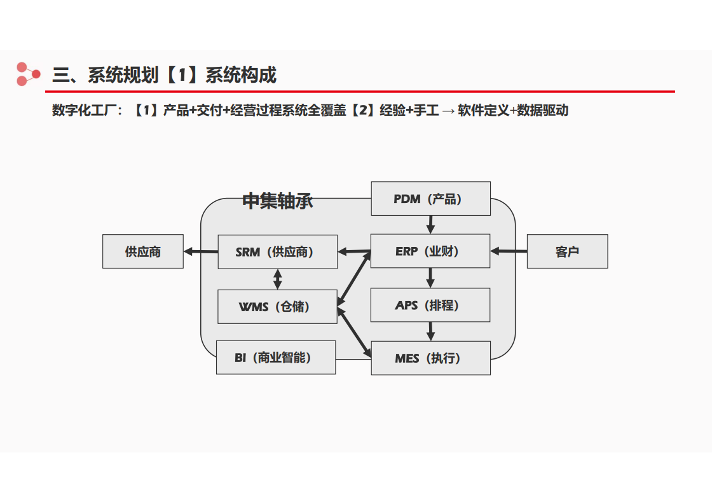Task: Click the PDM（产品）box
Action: click(x=430, y=199)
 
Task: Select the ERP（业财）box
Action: click(x=430, y=251)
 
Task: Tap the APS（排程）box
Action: click(x=430, y=305)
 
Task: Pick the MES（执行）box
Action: click(x=430, y=358)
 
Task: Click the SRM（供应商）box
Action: click(x=277, y=252)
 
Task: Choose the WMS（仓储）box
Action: click(x=277, y=307)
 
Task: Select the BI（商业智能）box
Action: click(x=276, y=357)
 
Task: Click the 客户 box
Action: click(x=567, y=251)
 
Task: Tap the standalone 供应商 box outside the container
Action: click(x=142, y=251)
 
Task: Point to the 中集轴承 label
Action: click(x=277, y=201)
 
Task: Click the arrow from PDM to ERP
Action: click(x=430, y=225)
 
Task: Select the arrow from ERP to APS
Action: click(x=430, y=277)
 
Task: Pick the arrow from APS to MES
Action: click(x=430, y=332)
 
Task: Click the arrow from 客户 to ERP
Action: click(x=509, y=251)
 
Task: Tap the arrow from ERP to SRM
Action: click(x=354, y=251)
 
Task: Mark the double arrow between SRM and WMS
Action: click(x=277, y=279)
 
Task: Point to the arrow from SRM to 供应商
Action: click(x=201, y=251)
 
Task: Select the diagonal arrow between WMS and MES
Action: click(x=353, y=332)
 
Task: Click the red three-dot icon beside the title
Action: click(x=28, y=74)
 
